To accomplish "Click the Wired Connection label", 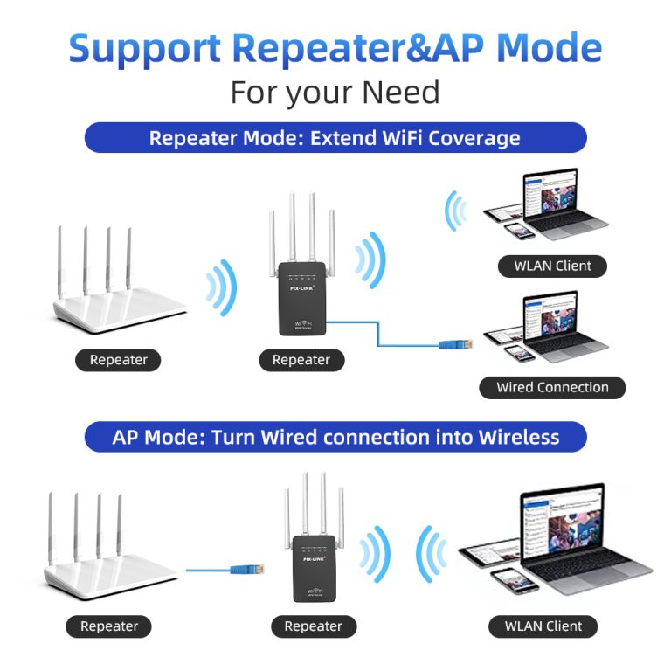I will coord(552,387).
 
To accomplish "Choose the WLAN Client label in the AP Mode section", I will coord(543,626).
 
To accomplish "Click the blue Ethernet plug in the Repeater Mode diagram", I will coord(453,344).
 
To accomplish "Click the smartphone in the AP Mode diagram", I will coord(506,581).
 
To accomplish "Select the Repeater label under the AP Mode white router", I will coord(109,626).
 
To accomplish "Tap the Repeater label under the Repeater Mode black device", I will coord(301,360).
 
